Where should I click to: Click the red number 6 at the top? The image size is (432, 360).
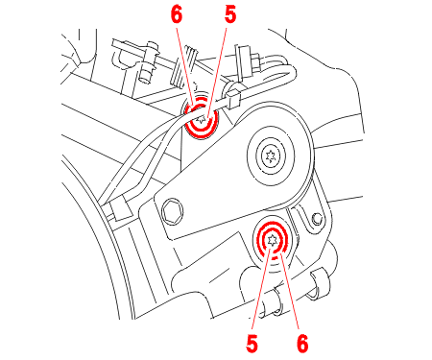[x=177, y=15]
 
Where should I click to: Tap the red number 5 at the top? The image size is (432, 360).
[x=230, y=15]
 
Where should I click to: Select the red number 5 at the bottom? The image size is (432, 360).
[x=252, y=344]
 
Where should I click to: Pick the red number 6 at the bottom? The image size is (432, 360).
[x=302, y=344]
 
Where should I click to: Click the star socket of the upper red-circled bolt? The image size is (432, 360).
[x=202, y=120]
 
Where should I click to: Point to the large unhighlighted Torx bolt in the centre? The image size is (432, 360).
[x=271, y=156]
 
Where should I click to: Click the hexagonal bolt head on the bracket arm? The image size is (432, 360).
[x=173, y=210]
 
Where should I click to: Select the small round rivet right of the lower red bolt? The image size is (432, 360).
[x=318, y=218]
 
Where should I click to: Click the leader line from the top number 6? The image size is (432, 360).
[x=184, y=65]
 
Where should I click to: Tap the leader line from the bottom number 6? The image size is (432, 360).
[x=291, y=291]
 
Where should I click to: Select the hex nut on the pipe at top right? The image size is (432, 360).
[x=255, y=64]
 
